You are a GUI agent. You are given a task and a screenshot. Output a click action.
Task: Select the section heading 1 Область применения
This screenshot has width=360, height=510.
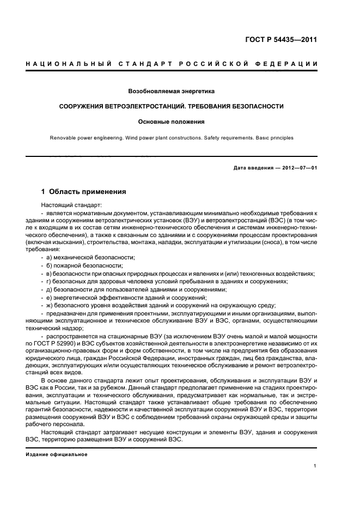(x=84, y=192)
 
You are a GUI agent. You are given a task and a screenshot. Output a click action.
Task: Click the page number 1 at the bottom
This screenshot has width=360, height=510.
(x=315, y=466)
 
